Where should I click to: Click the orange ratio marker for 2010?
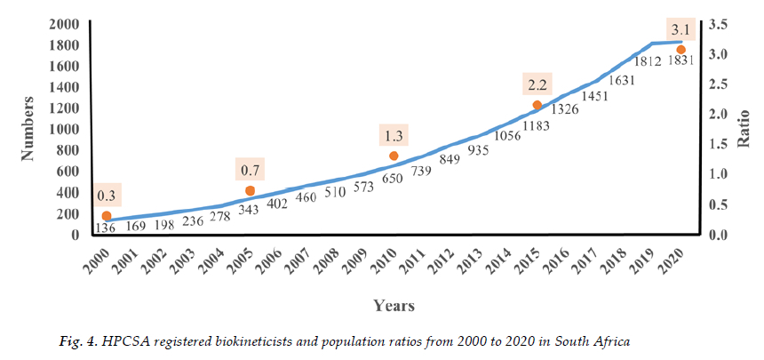tap(394, 156)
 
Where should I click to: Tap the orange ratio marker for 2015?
tap(537, 105)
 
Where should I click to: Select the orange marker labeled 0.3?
tap(107, 216)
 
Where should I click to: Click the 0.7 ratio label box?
tap(251, 169)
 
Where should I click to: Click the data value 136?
tap(105, 228)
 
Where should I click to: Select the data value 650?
tap(392, 178)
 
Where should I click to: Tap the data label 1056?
tap(507, 135)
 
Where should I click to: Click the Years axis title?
tap(392, 306)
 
